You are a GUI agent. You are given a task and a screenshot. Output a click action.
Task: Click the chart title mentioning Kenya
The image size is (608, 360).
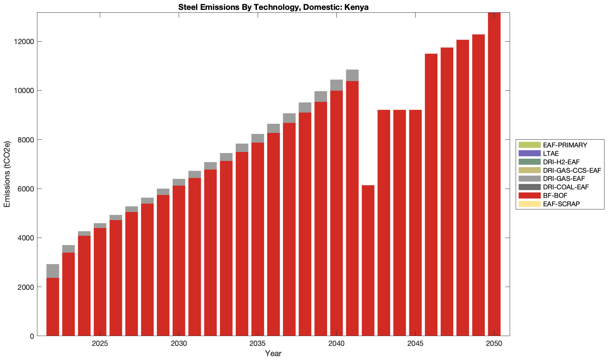click(x=273, y=7)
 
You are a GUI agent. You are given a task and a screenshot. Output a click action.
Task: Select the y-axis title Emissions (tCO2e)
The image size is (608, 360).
click(x=7, y=174)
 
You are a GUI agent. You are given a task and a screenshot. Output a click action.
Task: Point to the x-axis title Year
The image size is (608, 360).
click(x=273, y=353)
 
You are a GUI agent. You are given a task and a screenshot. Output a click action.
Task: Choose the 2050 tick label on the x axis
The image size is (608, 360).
click(x=494, y=343)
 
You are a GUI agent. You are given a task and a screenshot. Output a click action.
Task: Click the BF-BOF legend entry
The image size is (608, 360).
click(x=555, y=196)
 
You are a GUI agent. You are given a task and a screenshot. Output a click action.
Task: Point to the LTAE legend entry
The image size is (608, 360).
click(x=551, y=154)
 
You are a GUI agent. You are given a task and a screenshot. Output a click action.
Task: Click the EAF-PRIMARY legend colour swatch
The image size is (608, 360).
click(x=529, y=145)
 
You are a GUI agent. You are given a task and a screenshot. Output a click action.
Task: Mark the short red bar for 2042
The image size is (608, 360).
click(x=368, y=261)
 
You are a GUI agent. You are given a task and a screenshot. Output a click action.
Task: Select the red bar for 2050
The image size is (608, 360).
click(x=494, y=176)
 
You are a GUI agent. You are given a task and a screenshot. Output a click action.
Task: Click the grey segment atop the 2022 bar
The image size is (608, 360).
click(x=53, y=271)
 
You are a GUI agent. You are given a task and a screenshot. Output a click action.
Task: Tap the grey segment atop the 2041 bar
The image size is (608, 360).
click(x=352, y=75)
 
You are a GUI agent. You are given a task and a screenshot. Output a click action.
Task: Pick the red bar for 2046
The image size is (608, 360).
click(x=431, y=194)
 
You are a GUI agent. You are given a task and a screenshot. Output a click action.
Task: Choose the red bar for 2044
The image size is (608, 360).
click(x=400, y=222)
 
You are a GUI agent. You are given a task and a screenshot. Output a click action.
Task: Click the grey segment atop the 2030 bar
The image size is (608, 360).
click(x=179, y=182)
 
